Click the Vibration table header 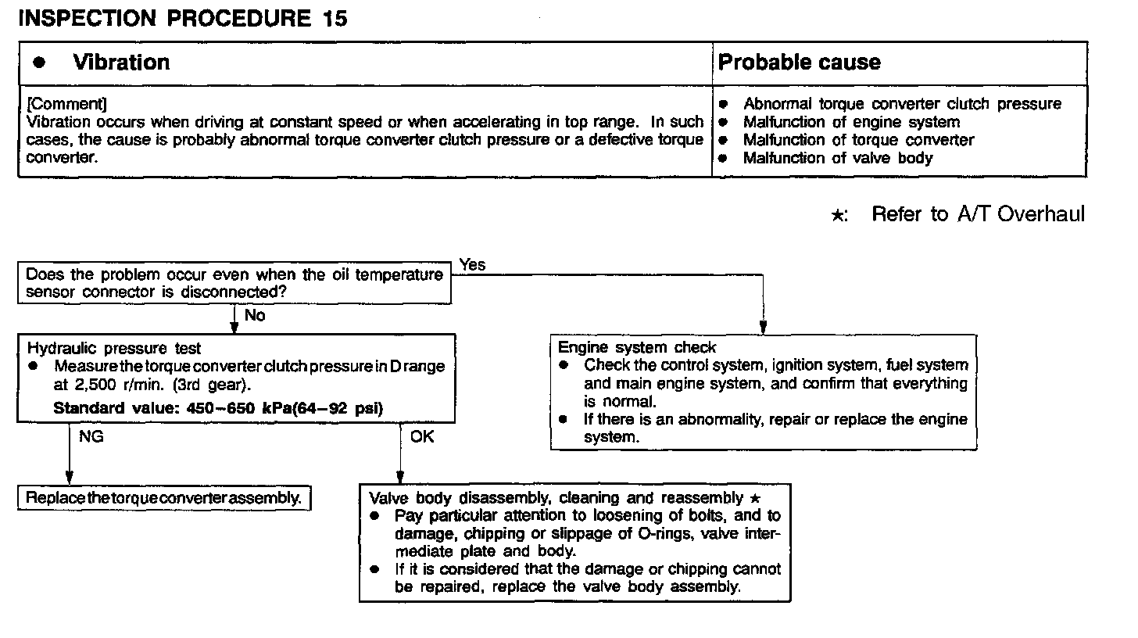tap(121, 63)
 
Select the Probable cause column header tap(799, 63)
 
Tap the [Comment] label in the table tap(66, 104)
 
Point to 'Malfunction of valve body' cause tap(838, 158)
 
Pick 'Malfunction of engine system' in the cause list tap(851, 122)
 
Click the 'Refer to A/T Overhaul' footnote tap(978, 214)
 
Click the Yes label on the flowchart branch tap(472, 265)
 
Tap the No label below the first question tap(255, 315)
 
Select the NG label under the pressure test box tap(91, 437)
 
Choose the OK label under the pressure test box tap(421, 437)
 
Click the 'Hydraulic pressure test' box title tap(114, 349)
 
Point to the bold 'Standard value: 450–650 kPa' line tap(218, 407)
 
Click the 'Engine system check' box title tap(637, 347)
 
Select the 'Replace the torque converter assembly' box tap(164, 498)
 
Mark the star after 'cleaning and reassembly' tap(754, 497)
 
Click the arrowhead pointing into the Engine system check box tap(763, 328)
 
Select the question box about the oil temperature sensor tap(234, 283)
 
